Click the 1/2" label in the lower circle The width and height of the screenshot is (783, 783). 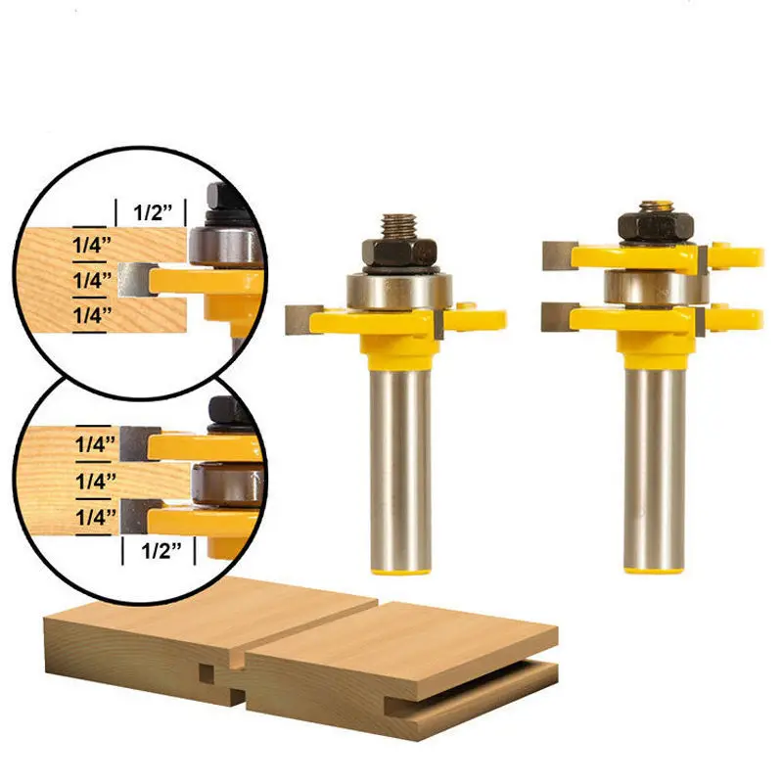(x=160, y=551)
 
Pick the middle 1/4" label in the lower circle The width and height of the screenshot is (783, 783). (x=96, y=480)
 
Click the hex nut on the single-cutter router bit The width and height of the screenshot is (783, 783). (x=397, y=253)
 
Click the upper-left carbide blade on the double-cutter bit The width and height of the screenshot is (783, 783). (x=558, y=255)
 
